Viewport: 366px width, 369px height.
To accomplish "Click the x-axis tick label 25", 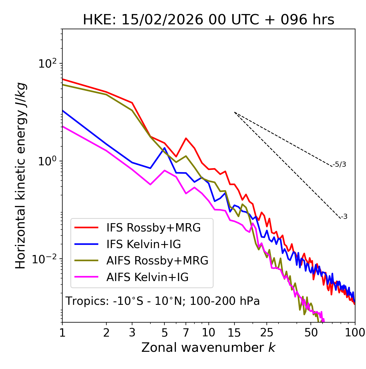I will pos(266,332).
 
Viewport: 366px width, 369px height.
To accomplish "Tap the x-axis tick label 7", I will pos(186,332).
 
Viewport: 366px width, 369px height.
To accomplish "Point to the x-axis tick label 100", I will pos(355,332).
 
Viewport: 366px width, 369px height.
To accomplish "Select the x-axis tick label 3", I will pos(132,332).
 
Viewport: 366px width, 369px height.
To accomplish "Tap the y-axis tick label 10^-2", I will pos(46,259).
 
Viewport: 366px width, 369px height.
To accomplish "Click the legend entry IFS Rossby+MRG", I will pos(153,228).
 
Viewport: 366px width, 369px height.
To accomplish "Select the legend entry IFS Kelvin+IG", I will pos(144,244).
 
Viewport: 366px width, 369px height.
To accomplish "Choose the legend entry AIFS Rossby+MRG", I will pos(157,261).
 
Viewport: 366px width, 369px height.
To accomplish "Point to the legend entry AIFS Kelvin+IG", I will pos(147,277).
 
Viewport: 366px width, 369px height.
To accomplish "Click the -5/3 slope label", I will pos(339,164).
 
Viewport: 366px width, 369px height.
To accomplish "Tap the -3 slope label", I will pos(344,217).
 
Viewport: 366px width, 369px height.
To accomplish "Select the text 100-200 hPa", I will pos(224,301).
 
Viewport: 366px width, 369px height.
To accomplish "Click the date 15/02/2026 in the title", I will pos(162,20).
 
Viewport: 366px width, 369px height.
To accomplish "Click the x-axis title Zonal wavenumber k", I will pos(208,348).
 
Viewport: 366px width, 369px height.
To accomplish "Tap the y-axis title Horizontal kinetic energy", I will pos(21,176).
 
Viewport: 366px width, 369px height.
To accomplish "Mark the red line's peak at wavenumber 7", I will pos(186,138).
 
